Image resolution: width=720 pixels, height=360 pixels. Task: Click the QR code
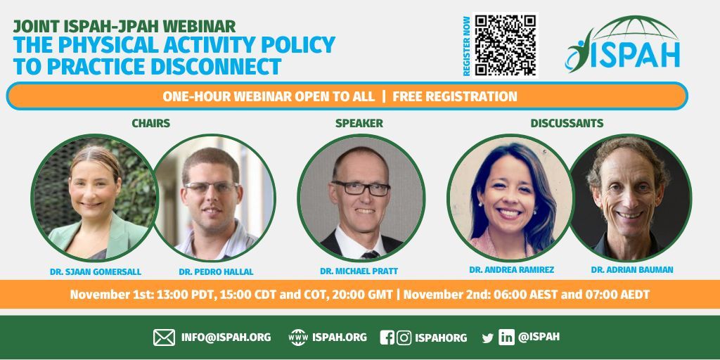click(505, 46)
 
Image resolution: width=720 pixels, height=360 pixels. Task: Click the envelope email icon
click(164, 337)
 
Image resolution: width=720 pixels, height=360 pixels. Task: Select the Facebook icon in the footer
click(387, 337)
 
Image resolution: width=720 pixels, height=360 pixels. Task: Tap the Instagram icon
click(404, 337)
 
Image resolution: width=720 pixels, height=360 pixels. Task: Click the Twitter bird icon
click(487, 338)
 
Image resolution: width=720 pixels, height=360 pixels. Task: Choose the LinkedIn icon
click(506, 337)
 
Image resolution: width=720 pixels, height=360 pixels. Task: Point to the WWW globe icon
click(299, 337)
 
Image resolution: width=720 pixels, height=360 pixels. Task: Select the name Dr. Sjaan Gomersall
click(94, 270)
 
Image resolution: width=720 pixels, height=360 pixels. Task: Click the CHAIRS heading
click(150, 123)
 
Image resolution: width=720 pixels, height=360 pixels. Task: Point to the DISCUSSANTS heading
click(567, 123)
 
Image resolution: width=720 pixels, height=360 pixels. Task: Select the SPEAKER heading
click(359, 123)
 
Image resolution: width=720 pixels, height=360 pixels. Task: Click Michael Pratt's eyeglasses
click(361, 188)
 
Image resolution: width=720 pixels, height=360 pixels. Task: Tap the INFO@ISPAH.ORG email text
click(226, 337)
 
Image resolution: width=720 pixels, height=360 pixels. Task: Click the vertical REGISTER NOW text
click(466, 46)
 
